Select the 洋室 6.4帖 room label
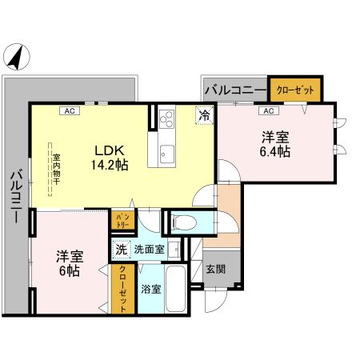point(274,143)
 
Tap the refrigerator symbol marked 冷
point(206,115)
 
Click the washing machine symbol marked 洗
point(121,250)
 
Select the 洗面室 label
point(150,250)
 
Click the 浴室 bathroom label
point(150,287)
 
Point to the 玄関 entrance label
point(214,270)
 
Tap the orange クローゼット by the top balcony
point(295,90)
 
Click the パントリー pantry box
point(123,220)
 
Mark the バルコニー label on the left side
point(15,199)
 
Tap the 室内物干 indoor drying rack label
point(58,167)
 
